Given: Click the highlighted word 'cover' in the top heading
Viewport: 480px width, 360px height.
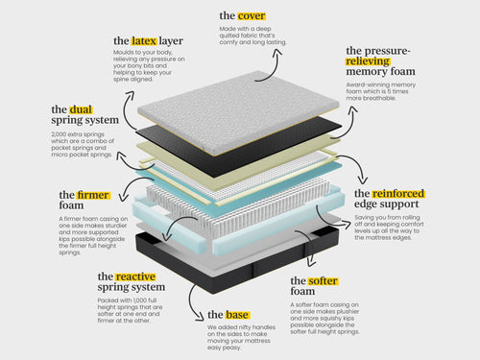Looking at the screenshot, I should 252,15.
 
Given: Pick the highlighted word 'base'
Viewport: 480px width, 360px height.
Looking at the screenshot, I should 237,315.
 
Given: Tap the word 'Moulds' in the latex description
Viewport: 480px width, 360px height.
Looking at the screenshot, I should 125,58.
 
